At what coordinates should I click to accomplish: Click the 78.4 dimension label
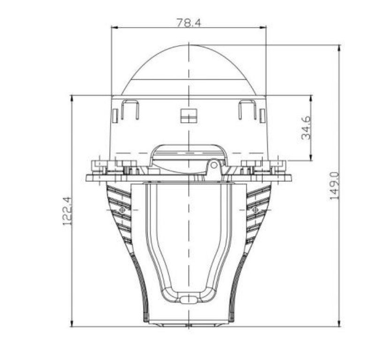click(188, 22)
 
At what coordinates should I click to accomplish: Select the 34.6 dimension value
click(306, 127)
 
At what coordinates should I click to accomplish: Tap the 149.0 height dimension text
click(334, 186)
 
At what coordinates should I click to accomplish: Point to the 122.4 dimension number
click(67, 211)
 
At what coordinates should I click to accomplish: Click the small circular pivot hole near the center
click(214, 165)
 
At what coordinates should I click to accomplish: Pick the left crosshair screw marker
click(122, 210)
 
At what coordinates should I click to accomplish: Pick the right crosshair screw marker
click(255, 210)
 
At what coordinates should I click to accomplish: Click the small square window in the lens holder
click(188, 116)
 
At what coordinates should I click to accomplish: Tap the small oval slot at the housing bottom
click(188, 300)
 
